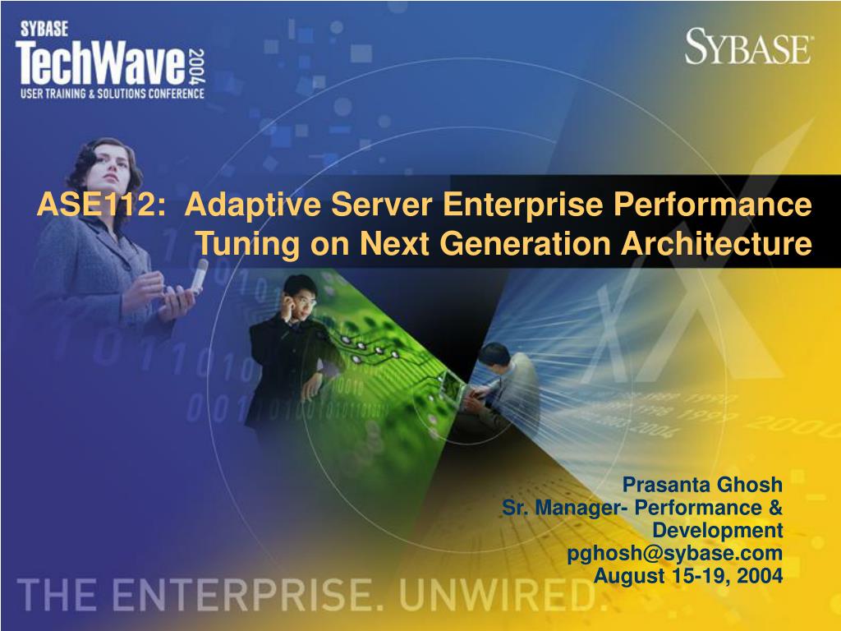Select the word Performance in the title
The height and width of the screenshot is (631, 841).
click(712, 205)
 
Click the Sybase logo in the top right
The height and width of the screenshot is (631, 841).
click(748, 47)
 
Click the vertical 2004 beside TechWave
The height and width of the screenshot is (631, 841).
click(196, 67)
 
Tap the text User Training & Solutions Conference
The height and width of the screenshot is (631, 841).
click(112, 94)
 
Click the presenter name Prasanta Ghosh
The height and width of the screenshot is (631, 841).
click(702, 485)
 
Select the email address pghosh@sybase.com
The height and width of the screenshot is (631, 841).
click(675, 553)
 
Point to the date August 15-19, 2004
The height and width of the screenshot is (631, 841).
click(688, 576)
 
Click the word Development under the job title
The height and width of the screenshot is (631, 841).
click(717, 531)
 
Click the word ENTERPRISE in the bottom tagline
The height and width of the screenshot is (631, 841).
click(241, 595)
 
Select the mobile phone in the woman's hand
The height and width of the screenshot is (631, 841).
click(200, 275)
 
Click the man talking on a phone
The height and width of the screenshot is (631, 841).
click(290, 348)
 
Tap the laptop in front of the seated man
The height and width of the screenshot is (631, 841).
click(455, 388)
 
